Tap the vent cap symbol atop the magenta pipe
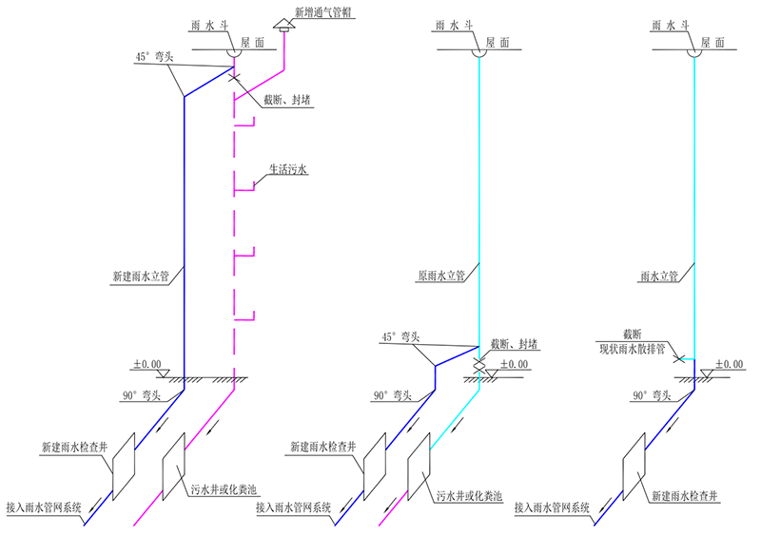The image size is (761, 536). click(x=283, y=27)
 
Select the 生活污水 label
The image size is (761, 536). click(x=291, y=172)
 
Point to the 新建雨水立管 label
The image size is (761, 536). click(x=140, y=278)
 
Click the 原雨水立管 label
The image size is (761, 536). click(x=440, y=278)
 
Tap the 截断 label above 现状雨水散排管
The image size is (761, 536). click(x=634, y=334)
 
